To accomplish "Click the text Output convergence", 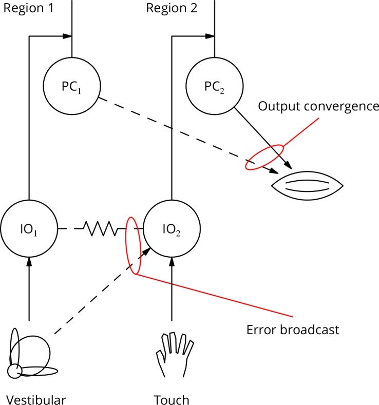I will coord(318,106).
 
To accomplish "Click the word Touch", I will coord(172,399).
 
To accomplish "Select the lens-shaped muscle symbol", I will coord(307,185).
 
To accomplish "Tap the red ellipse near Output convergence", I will coord(264,157).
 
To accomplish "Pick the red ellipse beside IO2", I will coord(133,245).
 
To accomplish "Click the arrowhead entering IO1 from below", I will coord(29,260).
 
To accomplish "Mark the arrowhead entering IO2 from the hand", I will coord(172,260).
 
